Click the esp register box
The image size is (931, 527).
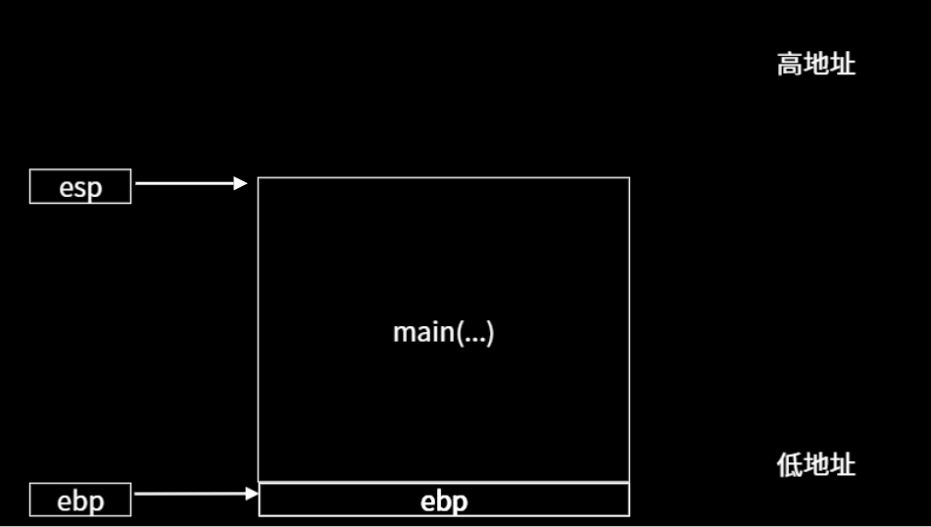coord(80,186)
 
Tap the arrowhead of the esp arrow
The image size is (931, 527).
coord(241,183)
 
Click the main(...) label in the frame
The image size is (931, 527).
coord(444,333)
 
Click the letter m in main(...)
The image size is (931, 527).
coord(402,334)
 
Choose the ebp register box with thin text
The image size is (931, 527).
coord(80,500)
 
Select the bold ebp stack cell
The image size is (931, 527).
coord(444,501)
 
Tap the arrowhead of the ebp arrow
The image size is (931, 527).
coord(252,494)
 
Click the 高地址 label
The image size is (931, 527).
coord(816,66)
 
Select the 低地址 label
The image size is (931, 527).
coord(816,465)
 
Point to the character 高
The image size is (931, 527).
coord(790,66)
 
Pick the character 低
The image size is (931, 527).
coord(790,465)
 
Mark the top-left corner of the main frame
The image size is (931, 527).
coord(259,178)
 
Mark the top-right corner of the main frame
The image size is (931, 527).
coord(629,178)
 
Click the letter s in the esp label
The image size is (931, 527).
coord(80,188)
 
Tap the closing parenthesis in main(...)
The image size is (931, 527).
coord(490,333)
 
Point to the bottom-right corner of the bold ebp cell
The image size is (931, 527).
coord(629,515)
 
